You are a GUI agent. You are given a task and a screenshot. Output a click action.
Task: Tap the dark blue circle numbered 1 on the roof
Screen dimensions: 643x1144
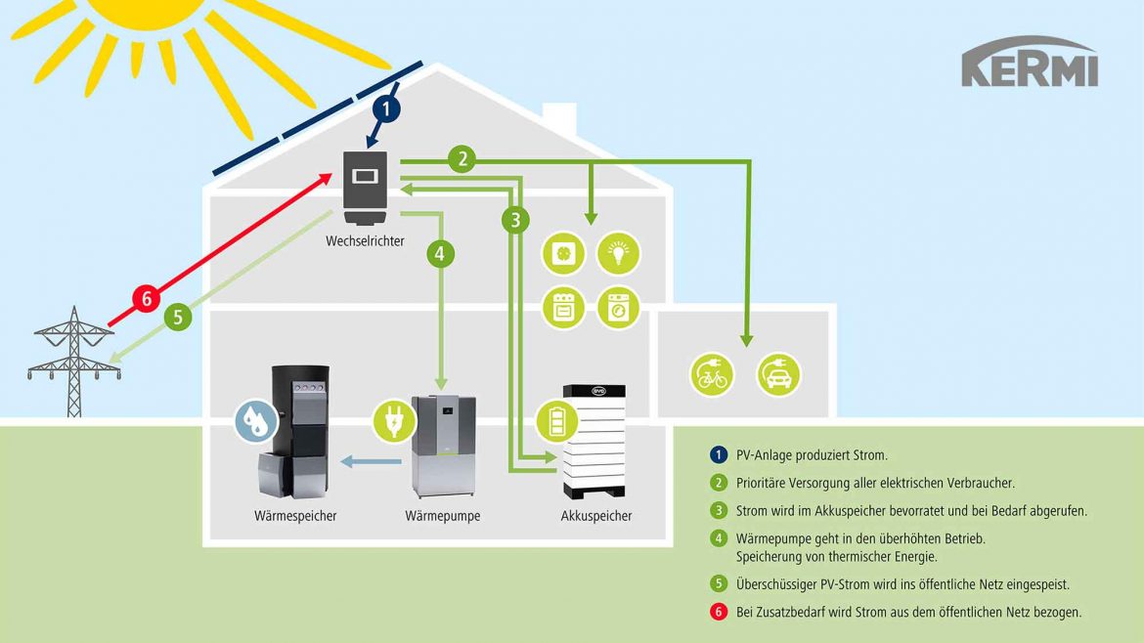387,109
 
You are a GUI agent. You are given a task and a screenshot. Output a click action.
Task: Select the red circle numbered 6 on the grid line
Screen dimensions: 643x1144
147,298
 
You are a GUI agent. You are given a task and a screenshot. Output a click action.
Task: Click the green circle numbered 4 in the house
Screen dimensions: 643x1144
440,254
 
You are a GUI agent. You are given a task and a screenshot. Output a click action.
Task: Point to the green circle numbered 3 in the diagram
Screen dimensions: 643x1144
515,220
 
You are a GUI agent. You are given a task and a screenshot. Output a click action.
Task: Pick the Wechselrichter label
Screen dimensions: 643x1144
365,240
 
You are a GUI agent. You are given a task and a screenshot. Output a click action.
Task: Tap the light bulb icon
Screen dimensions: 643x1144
618,253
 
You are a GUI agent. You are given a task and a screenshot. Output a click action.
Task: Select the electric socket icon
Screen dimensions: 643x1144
565,253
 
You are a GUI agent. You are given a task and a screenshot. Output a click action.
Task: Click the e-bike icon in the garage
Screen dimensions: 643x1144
711,374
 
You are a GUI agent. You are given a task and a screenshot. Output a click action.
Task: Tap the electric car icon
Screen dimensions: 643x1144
778,374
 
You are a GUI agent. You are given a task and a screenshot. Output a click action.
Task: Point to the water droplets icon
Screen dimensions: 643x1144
255,421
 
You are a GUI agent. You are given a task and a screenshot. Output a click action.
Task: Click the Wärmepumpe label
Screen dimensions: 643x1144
443,516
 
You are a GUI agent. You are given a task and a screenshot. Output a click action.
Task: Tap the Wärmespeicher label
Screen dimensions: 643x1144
294,516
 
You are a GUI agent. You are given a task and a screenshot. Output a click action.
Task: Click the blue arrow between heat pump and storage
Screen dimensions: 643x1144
372,461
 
